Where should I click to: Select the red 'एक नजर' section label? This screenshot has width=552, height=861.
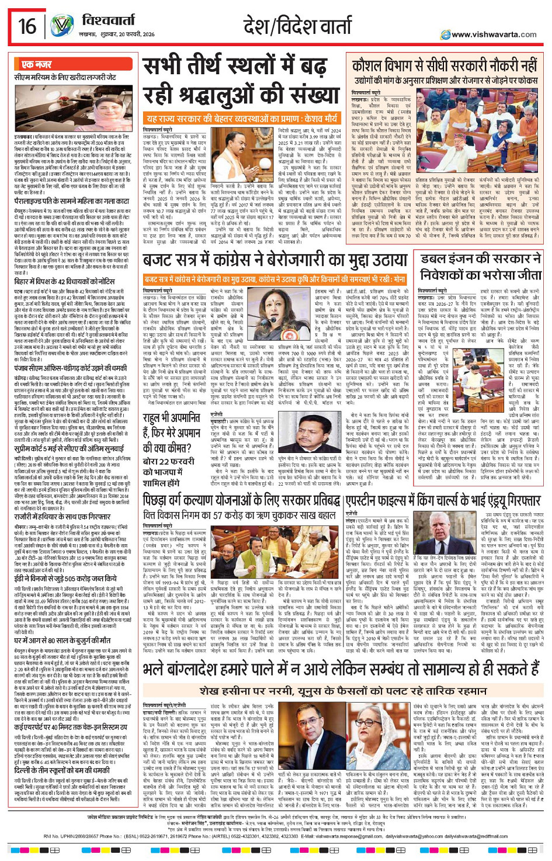[x=37, y=64]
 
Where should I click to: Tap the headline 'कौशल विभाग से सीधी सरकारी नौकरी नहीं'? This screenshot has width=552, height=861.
[x=445, y=65]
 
